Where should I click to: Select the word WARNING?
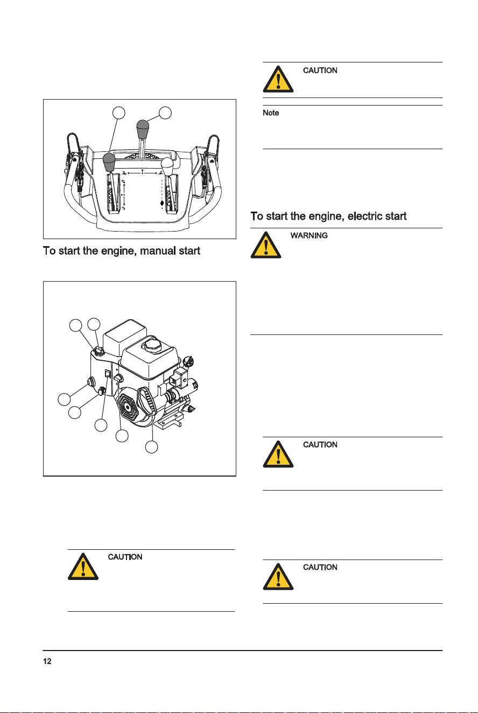click(x=308, y=235)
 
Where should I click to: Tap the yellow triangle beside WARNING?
click(x=266, y=245)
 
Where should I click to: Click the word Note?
click(x=271, y=113)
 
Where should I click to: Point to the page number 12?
click(x=47, y=661)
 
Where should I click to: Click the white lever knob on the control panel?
click(x=167, y=164)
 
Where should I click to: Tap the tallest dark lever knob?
click(x=143, y=129)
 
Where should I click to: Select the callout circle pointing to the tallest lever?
click(x=165, y=113)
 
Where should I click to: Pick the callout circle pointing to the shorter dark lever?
click(x=119, y=113)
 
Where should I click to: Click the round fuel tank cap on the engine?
click(x=152, y=345)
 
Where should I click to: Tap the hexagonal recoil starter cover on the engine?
click(x=128, y=408)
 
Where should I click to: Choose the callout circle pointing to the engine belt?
click(x=151, y=447)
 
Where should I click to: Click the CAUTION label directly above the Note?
click(x=320, y=71)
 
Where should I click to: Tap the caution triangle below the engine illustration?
click(x=83, y=567)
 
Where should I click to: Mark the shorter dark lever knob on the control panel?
click(x=109, y=162)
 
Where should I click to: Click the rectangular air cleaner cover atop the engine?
click(x=125, y=338)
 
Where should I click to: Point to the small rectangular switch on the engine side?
click(x=108, y=374)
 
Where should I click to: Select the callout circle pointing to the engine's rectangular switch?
click(x=101, y=425)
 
